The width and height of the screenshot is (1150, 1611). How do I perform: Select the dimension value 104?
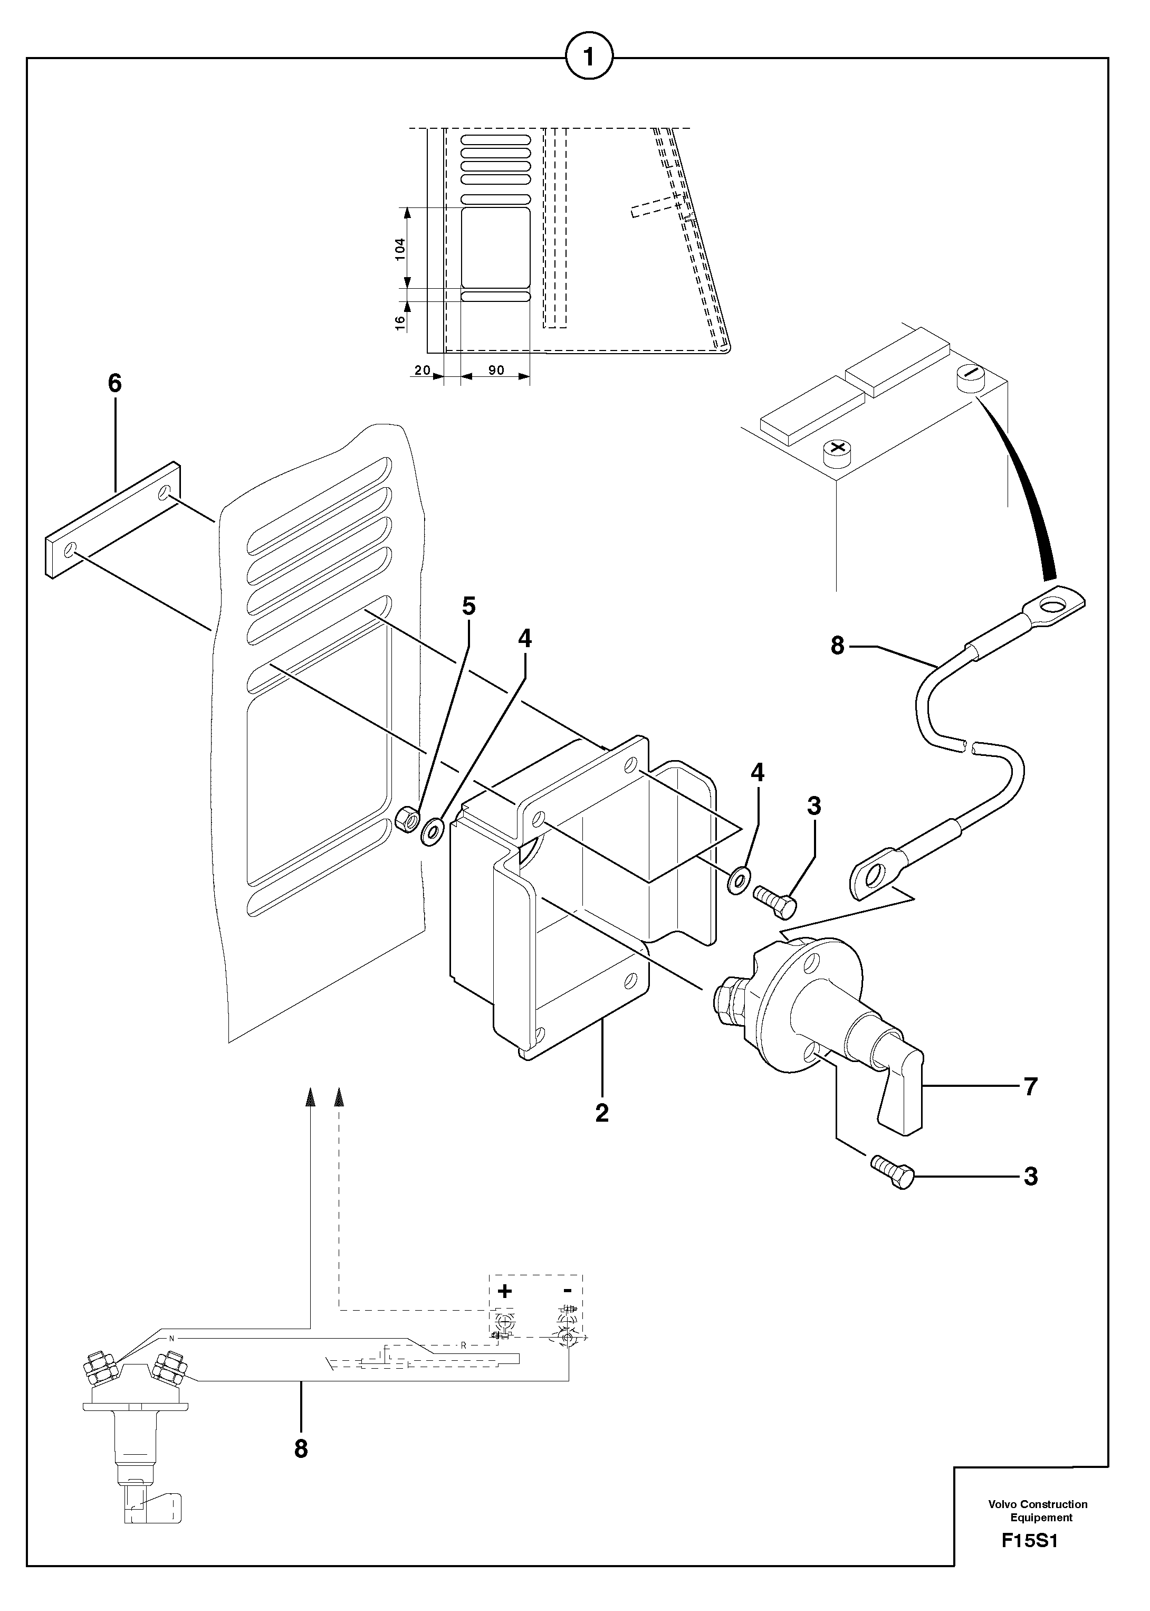click(400, 249)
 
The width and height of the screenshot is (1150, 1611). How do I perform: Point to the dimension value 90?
click(496, 370)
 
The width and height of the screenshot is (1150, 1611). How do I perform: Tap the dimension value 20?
click(423, 370)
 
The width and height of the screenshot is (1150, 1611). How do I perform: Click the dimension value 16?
click(400, 321)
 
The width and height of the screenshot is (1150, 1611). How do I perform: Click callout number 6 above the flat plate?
click(114, 383)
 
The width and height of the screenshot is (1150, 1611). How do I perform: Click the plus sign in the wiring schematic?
click(504, 1291)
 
